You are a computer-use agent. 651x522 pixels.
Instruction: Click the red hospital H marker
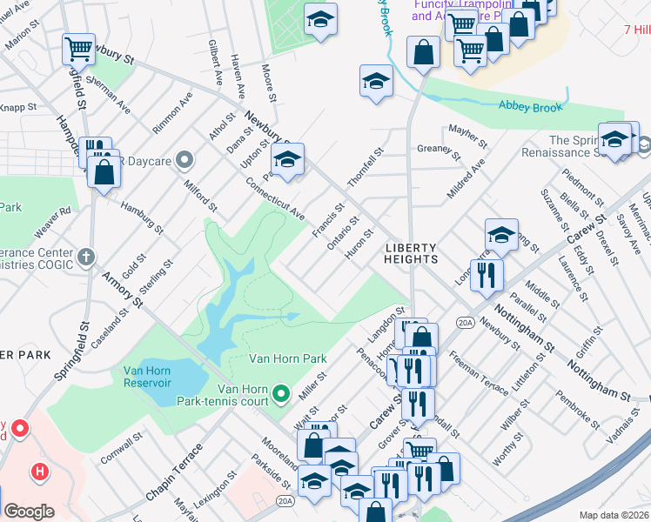coord(39,472)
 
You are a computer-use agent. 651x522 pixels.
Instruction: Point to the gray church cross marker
coord(84,257)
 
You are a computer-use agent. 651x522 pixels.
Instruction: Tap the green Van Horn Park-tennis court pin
coord(280,395)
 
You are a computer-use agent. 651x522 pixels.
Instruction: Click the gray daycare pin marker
coord(184,160)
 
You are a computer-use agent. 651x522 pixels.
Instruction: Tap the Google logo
coord(28,512)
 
